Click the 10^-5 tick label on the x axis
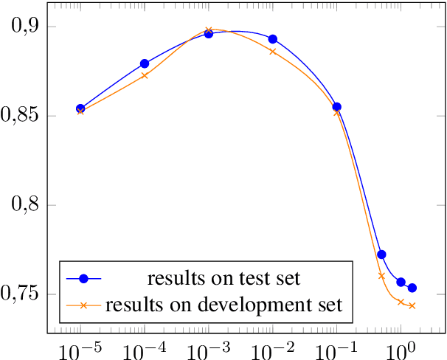80,347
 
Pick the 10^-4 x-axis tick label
144,347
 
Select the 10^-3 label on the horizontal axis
208,347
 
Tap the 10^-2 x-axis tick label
272,347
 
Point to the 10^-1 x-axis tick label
336,347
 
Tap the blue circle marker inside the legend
83,278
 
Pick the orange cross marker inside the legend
83,303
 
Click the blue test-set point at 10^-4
145,64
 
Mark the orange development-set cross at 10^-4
145,75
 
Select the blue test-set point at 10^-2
273,39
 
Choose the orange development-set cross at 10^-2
273,52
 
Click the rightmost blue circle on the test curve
412,288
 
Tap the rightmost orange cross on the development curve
412,305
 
